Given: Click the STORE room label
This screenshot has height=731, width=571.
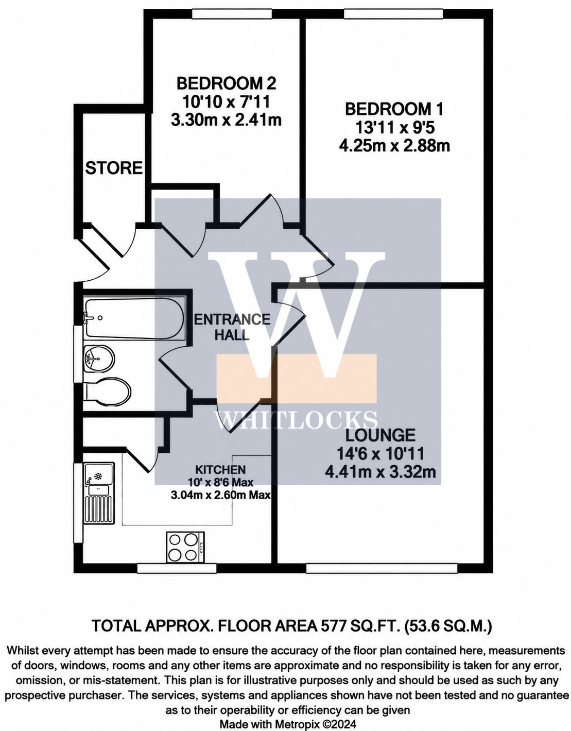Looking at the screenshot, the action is coord(114,167).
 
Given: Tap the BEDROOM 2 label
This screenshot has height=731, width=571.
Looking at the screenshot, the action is coord(226,83).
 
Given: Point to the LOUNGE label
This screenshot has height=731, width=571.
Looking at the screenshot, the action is coord(380,435).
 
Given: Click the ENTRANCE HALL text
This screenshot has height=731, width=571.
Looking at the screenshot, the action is coord(232,327).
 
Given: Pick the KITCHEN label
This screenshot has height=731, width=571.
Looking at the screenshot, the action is coord(221,469).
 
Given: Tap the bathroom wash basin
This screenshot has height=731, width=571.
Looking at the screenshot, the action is coord(99,359).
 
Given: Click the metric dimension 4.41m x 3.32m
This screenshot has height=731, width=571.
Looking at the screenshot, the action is coord(380,472).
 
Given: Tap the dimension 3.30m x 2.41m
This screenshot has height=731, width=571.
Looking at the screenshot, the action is coord(226,120).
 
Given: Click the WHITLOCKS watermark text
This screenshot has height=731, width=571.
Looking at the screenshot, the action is coord(296,420).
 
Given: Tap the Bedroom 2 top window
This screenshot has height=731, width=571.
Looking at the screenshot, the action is coord(232,13).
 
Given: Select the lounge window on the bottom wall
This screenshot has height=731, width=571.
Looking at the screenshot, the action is coord(382,568).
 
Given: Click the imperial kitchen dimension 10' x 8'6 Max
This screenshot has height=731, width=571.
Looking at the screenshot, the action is coord(224,482).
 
